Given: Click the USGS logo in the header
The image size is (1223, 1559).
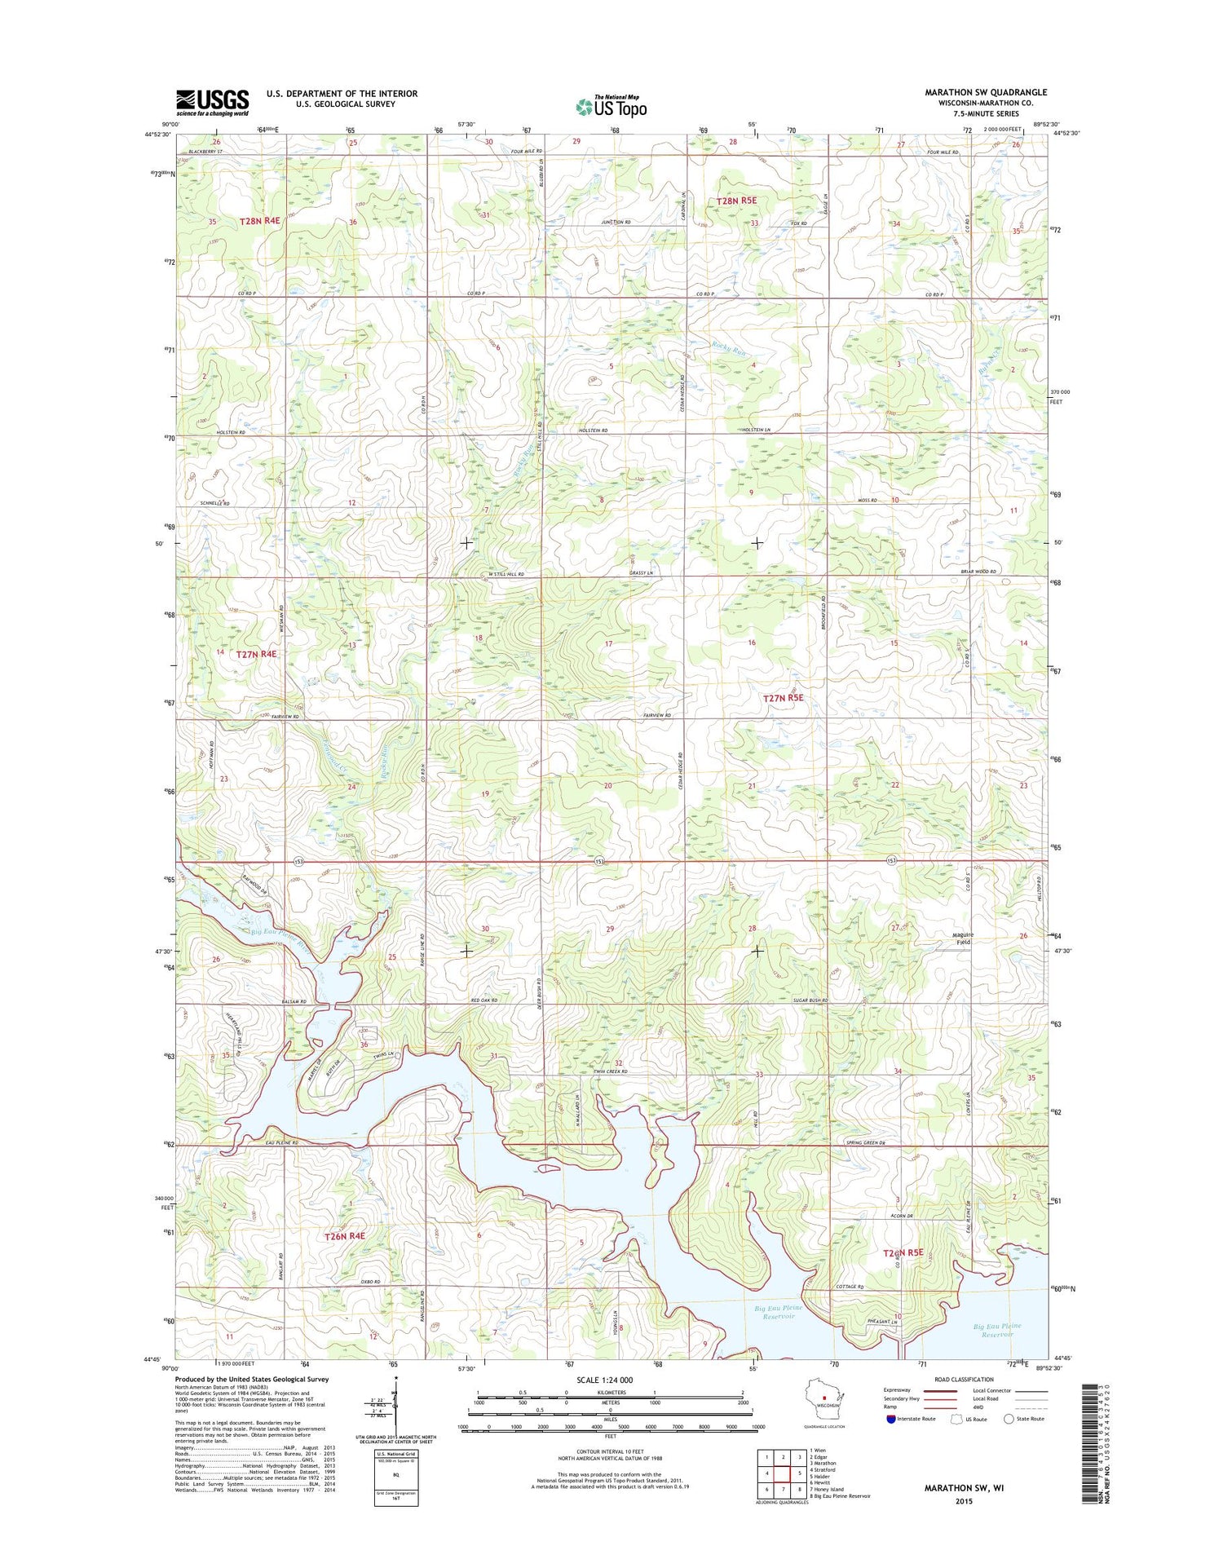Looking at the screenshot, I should pos(213,102).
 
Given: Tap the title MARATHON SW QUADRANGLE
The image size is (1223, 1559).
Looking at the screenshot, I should pos(985,92).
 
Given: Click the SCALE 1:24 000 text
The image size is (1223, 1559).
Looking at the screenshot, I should pos(604,1380).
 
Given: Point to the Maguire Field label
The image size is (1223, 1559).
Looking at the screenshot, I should pos(965,938).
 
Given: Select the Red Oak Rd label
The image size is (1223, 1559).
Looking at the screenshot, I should pos(483,1000).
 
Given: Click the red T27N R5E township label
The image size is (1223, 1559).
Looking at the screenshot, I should pos(783,697).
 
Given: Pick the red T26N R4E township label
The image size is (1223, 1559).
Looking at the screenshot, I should pos(345,1236).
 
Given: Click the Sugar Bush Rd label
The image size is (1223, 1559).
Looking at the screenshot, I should pos(810,1000).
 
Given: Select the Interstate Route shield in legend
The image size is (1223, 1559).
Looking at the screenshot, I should pos(890,1419).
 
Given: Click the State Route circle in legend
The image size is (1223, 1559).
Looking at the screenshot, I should pos(1009,1419).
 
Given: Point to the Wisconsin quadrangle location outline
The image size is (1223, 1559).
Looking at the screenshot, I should pos(823,1399).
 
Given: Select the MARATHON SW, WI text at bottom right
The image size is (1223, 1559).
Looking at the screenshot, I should pos(964,1487).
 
